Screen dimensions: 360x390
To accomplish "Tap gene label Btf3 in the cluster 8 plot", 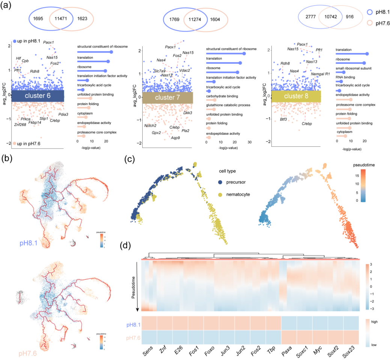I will [x=283, y=119].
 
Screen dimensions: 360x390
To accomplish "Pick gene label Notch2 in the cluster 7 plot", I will [x=150, y=125].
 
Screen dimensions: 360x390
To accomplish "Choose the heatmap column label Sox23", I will [x=351, y=348].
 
